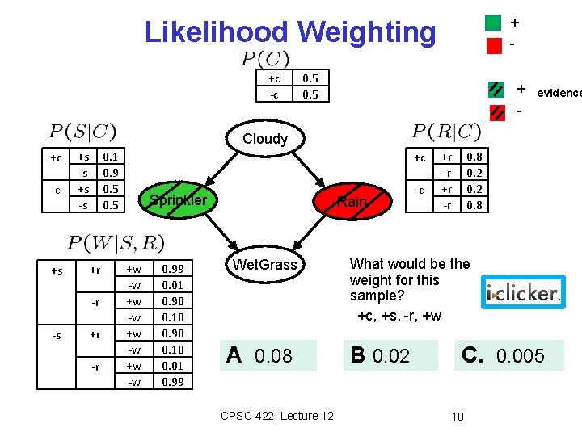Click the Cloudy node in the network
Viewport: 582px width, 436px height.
(x=265, y=138)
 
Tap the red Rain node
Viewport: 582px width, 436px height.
(x=352, y=202)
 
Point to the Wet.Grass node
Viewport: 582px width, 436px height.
(x=265, y=264)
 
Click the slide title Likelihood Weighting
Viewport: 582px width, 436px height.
(x=289, y=32)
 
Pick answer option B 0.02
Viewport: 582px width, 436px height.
(x=391, y=355)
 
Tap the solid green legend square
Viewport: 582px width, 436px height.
(x=494, y=22)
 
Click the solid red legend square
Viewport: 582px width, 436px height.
(x=494, y=45)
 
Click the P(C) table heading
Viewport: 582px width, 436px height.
(x=265, y=59)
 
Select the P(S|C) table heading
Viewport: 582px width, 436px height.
(x=83, y=131)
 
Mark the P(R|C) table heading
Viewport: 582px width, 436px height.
(x=446, y=131)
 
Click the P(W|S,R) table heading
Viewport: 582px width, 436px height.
(x=116, y=242)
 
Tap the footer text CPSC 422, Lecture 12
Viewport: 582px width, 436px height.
(x=276, y=416)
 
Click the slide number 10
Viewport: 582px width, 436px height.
(x=458, y=417)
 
